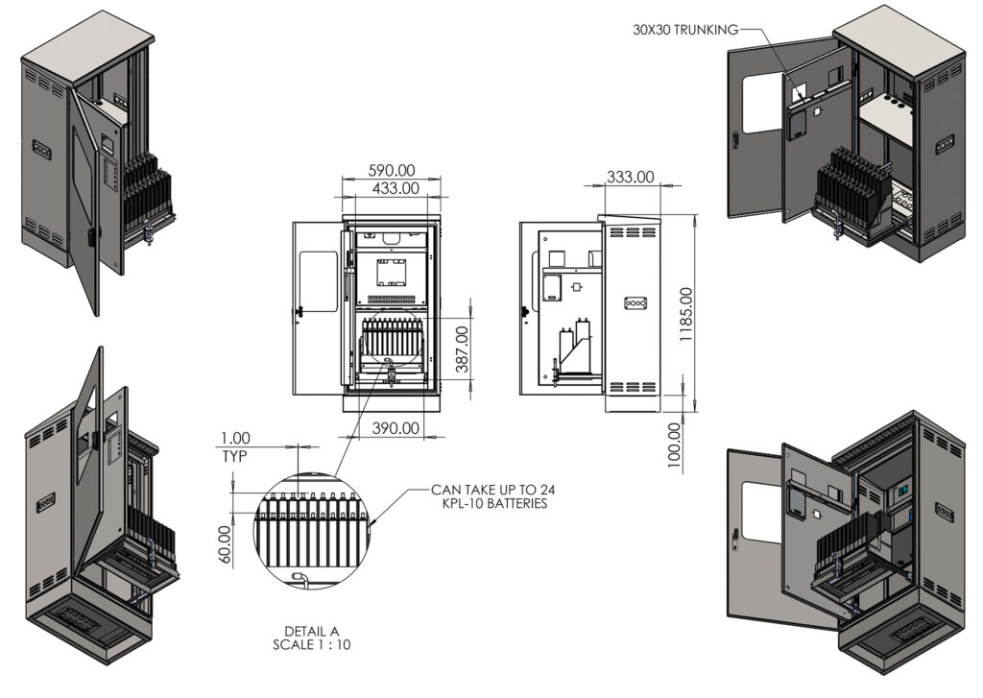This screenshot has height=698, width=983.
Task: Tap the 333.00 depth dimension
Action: tap(631, 177)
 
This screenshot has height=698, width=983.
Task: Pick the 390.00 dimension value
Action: tap(396, 427)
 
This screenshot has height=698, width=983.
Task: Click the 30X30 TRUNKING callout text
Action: tap(684, 30)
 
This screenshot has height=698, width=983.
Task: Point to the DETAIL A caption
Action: tap(305, 631)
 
